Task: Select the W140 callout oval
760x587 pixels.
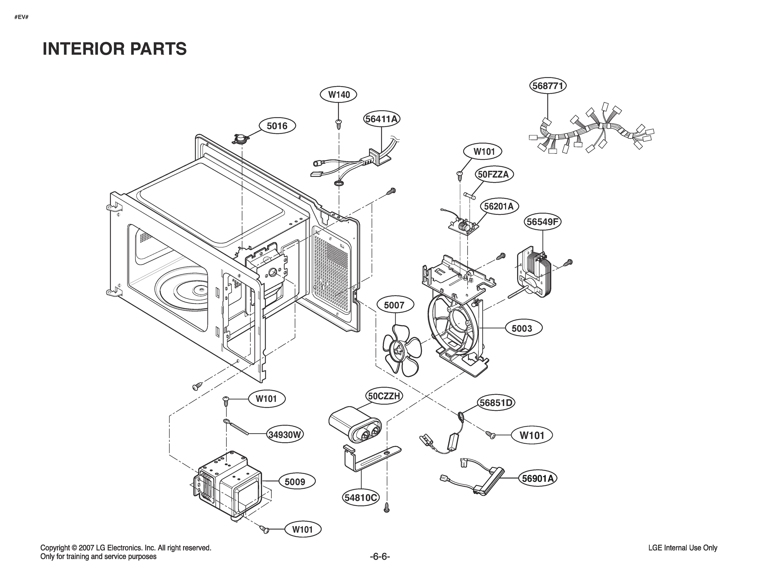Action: click(339, 94)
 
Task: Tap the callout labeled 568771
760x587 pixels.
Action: click(548, 86)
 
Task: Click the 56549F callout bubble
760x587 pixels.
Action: click(542, 222)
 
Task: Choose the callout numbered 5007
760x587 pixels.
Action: click(394, 305)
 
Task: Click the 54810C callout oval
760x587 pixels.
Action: click(361, 497)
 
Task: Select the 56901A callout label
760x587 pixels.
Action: click(538, 478)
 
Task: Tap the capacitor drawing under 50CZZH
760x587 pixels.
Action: click(355, 426)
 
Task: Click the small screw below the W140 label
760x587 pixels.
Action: click(338, 123)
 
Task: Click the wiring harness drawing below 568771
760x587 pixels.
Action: click(592, 131)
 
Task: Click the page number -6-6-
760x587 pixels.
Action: click(380, 556)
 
